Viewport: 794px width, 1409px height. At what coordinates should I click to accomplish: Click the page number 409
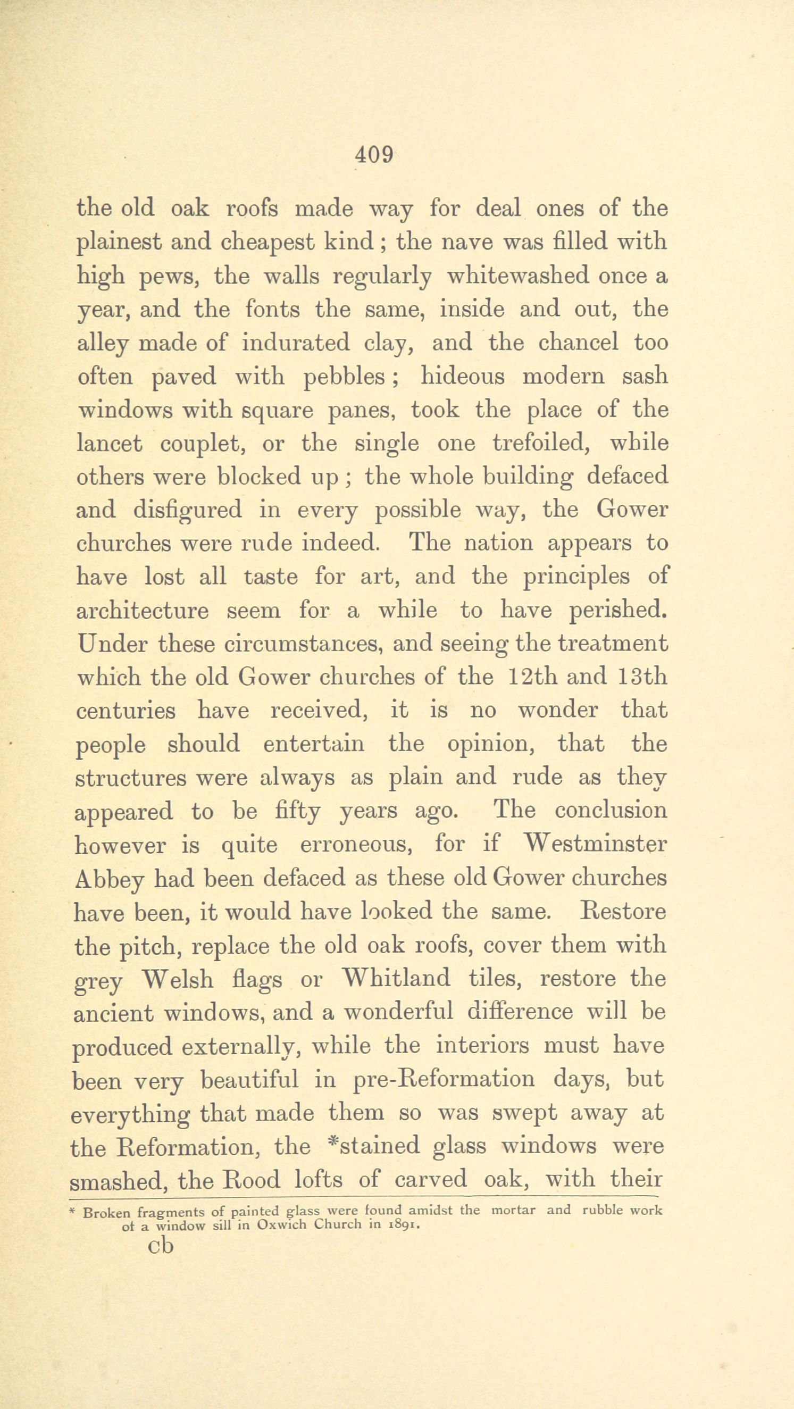click(x=374, y=155)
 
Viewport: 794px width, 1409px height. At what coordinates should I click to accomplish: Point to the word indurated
click(x=295, y=343)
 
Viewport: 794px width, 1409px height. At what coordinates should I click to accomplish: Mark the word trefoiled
click(x=540, y=443)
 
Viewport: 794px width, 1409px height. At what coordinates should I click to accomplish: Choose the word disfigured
click(x=188, y=510)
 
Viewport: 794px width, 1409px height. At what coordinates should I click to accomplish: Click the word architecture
click(x=142, y=611)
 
